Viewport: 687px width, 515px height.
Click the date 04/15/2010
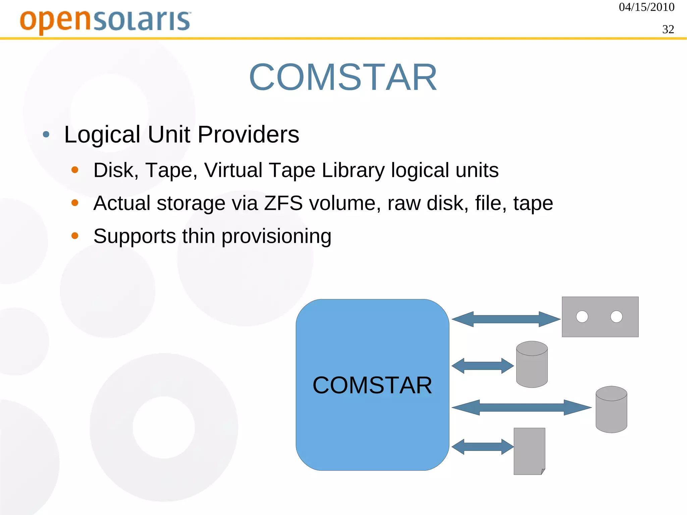click(646, 7)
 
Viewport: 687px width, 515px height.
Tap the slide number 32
click(668, 30)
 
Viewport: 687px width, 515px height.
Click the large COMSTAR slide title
click(343, 78)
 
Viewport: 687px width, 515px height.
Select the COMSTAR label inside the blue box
click(372, 385)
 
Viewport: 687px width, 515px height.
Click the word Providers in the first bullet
click(248, 135)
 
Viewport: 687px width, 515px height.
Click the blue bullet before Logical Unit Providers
click(46, 135)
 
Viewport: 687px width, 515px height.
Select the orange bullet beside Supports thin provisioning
click(75, 236)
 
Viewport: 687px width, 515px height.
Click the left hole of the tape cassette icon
click(582, 317)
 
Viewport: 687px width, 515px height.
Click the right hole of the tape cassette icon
click(616, 317)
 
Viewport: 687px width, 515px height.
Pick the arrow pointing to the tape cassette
click(506, 319)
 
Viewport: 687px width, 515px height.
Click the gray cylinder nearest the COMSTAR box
click(532, 364)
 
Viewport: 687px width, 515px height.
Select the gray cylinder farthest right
click(611, 410)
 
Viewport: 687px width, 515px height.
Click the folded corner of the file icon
click(543, 471)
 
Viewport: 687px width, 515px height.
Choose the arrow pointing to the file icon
click(482, 447)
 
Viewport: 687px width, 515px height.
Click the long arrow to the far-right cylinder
click(521, 408)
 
